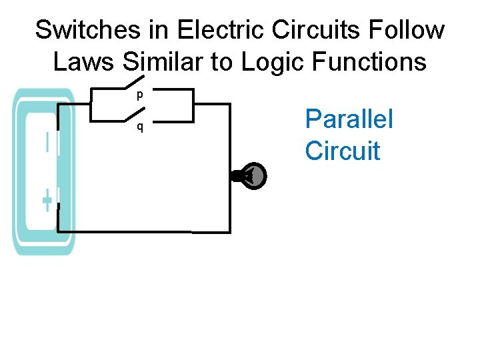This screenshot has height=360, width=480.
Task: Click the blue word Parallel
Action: (x=349, y=119)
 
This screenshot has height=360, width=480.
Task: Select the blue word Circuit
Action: (x=343, y=151)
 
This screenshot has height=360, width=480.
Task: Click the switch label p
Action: (x=139, y=95)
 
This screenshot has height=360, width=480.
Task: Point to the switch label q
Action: (x=139, y=127)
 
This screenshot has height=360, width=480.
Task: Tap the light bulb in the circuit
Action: (x=252, y=176)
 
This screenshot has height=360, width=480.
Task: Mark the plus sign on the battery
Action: (x=47, y=199)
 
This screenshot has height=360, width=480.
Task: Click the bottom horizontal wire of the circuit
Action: (x=143, y=231)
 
